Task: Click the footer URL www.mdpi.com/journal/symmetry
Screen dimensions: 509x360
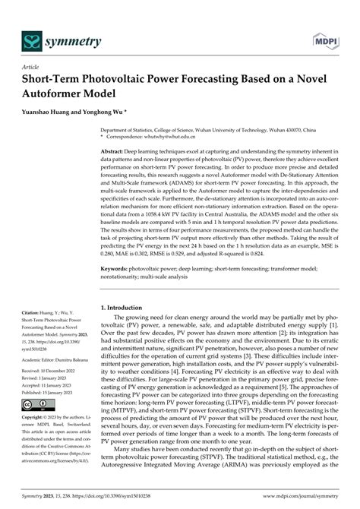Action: [x=298, y=502]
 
